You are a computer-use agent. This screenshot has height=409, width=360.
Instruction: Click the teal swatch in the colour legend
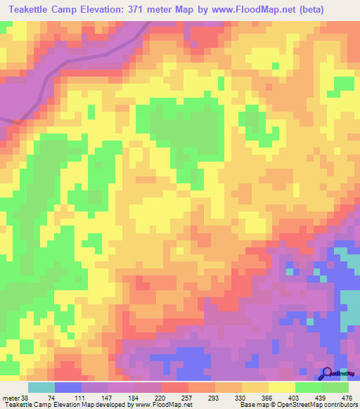[x=41, y=387]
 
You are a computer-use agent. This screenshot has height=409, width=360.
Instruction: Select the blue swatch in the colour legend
[x=68, y=387]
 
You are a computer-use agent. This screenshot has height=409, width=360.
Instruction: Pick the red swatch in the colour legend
[x=175, y=387]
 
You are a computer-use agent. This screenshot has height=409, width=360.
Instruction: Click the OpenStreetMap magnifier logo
[x=327, y=373]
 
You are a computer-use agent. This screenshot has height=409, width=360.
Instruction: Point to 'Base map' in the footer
[x=252, y=405]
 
